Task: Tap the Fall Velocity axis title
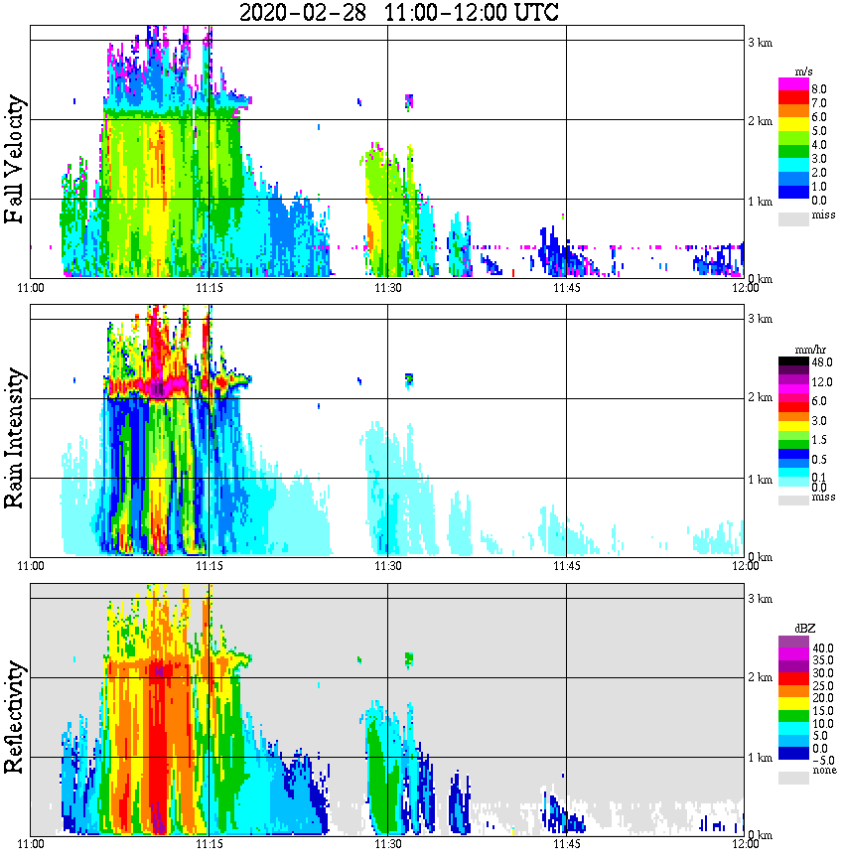(x=15, y=159)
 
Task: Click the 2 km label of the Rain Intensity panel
(x=761, y=398)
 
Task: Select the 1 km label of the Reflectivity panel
(x=761, y=758)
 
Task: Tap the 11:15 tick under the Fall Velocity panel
(x=209, y=287)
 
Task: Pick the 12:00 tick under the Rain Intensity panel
(x=745, y=565)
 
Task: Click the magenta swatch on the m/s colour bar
(x=794, y=84)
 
